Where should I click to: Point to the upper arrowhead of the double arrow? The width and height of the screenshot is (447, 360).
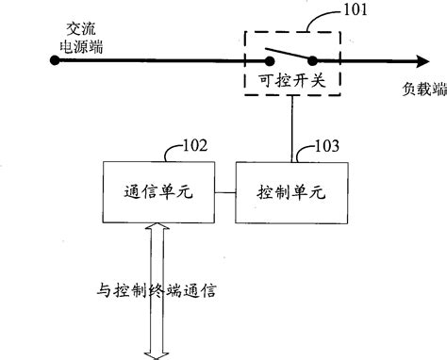pos(157,228)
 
